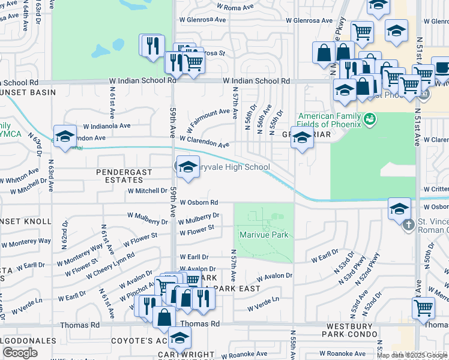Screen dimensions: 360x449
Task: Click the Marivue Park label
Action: pyautogui.click(x=264, y=235)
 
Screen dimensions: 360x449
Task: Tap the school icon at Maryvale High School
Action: pyautogui.click(x=188, y=168)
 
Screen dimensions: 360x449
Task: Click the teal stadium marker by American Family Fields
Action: pyautogui.click(x=370, y=119)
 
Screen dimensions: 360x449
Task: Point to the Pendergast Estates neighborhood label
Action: pyautogui.click(x=127, y=176)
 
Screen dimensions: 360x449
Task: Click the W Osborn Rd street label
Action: pyautogui.click(x=198, y=203)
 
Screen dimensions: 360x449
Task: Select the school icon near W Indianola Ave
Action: pyautogui.click(x=65, y=136)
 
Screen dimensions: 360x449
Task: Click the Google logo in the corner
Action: pyautogui.click(x=20, y=353)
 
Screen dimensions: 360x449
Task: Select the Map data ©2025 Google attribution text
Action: pyautogui.click(x=412, y=355)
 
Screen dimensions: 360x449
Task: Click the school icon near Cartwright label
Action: pyautogui.click(x=179, y=339)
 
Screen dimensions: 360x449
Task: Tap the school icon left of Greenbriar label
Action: pyautogui.click(x=302, y=139)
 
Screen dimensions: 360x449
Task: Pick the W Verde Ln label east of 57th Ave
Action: pyautogui.click(x=265, y=299)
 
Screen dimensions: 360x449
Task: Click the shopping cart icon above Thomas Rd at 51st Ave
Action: pyautogui.click(x=424, y=308)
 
